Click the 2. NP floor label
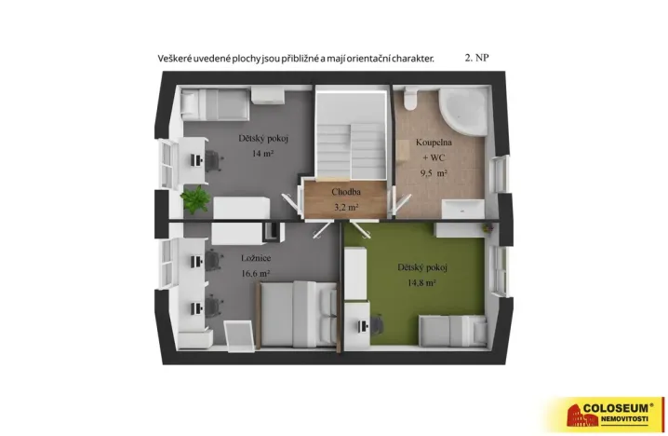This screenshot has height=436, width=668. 476,58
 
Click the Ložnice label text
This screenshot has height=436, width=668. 229,258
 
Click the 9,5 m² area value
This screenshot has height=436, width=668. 434,173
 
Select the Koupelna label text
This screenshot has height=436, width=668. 434,144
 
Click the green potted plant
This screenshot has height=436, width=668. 195,199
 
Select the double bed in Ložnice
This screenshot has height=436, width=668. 296,313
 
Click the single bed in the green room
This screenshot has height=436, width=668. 450,329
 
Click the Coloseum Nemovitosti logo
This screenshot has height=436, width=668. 606,413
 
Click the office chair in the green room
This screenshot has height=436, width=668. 379,326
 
